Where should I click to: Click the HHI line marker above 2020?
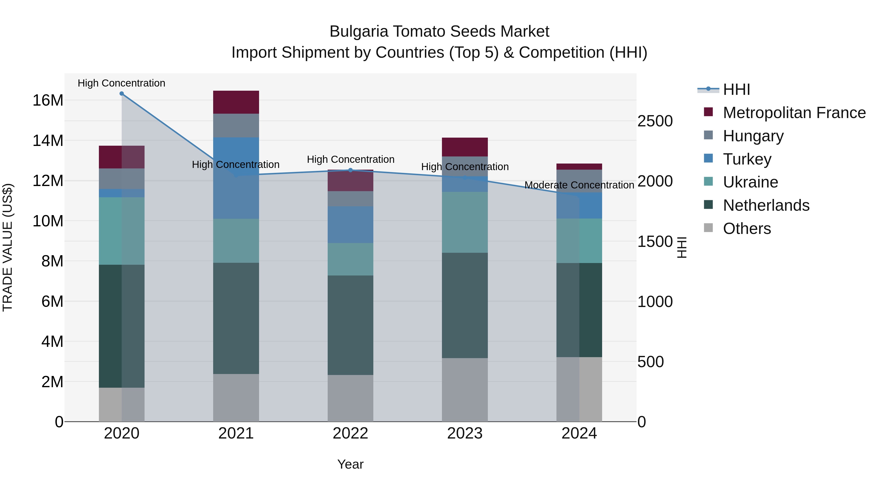[x=122, y=94]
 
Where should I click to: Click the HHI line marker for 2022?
[x=350, y=170]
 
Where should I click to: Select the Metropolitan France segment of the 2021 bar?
[x=236, y=102]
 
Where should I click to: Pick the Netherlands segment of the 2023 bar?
[x=465, y=305]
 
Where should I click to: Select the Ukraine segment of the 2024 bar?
[x=579, y=241]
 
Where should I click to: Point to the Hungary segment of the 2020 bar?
[x=122, y=179]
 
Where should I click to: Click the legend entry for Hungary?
[x=753, y=136]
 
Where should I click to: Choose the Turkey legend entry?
[x=747, y=159]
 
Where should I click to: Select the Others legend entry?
[x=747, y=229]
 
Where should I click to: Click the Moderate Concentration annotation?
[x=579, y=185]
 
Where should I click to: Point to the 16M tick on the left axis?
[x=48, y=100]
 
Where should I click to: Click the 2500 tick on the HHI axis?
[x=655, y=121]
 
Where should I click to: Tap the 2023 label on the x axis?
[x=465, y=433]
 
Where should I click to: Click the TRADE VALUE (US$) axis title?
[x=8, y=247]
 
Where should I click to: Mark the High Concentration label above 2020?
[x=122, y=83]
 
